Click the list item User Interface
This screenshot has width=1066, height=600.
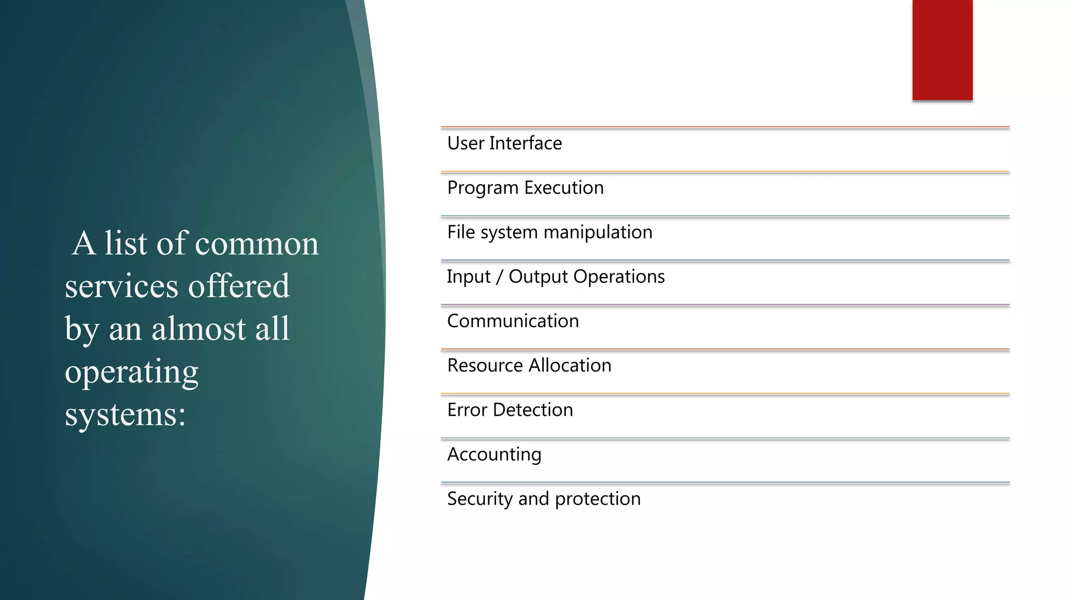[504, 143]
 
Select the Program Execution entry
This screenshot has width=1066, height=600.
[525, 188]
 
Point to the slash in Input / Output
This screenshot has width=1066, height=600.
[499, 277]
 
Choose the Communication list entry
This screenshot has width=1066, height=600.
[513, 321]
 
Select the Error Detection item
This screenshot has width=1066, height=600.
[510, 410]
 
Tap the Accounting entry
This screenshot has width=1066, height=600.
[494, 455]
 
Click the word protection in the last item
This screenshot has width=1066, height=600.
[598, 499]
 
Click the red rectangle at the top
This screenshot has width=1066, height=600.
[942, 49]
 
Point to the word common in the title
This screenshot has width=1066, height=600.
[257, 244]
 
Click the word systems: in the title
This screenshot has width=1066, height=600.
[125, 415]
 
